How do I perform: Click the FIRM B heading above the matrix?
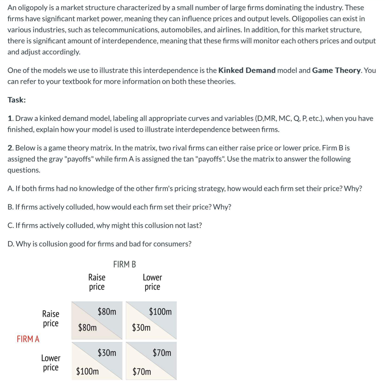pos(124,264)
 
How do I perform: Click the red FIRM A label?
pos(28,339)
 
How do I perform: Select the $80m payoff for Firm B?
pos(107,312)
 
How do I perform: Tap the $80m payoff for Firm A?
pos(87,328)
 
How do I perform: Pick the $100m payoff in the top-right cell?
pos(160,312)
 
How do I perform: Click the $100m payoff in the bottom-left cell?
pos(87,371)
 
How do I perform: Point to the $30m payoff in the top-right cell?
pos(141,328)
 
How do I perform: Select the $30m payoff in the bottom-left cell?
pos(107,353)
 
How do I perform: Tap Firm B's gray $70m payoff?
pos(162,353)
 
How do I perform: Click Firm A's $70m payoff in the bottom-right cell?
pos(141,371)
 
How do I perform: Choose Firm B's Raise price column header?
pos(97,282)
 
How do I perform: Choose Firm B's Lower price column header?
pos(152,282)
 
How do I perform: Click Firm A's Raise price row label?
pos(50,319)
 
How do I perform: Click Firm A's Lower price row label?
pos(50,363)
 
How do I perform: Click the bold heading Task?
pos(17,100)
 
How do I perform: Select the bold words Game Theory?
pos(337,70)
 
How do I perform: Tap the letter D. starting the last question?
pos(11,244)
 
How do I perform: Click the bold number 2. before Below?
pos(11,148)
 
